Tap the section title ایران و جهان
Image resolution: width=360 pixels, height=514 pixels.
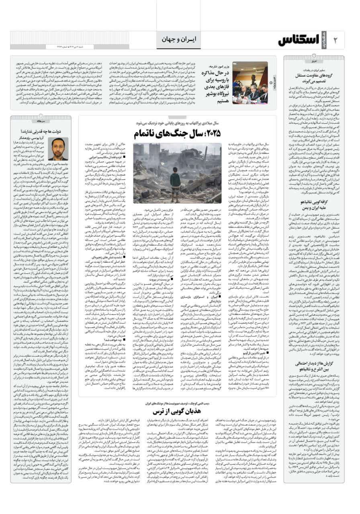click(178, 39)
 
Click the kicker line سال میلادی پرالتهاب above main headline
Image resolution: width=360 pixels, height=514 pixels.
click(177, 123)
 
